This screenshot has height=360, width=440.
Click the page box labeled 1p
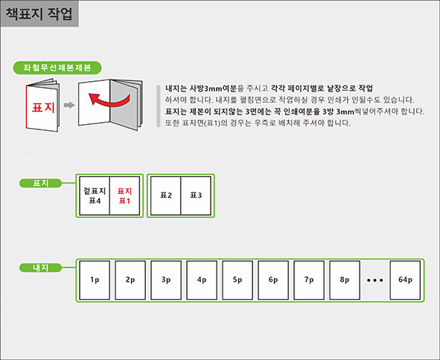tap(95, 280)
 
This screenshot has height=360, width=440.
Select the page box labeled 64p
tap(405, 280)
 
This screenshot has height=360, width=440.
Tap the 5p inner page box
tap(237, 280)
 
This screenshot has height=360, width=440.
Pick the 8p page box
tap(345, 280)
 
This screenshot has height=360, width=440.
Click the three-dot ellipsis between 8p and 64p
tap(375, 280)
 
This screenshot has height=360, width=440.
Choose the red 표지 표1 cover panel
tap(124, 196)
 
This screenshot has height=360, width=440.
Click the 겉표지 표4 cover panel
tap(95, 196)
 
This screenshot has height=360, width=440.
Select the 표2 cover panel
tap(166, 196)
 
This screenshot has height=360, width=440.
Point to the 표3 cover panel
tap(196, 196)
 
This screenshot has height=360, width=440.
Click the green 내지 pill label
tap(40, 268)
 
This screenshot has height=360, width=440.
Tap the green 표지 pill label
tap(40, 183)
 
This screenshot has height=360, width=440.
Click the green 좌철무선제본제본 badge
tap(57, 68)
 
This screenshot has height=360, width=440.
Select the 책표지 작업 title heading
tap(39, 13)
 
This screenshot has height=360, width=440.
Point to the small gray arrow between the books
tap(69, 105)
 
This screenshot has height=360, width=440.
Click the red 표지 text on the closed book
tap(43, 107)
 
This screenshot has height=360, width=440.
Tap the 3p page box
tap(166, 280)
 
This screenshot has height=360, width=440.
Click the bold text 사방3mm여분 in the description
tap(213, 89)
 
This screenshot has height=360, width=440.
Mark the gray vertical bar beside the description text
tap(159, 106)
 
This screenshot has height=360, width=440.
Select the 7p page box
tap(309, 280)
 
